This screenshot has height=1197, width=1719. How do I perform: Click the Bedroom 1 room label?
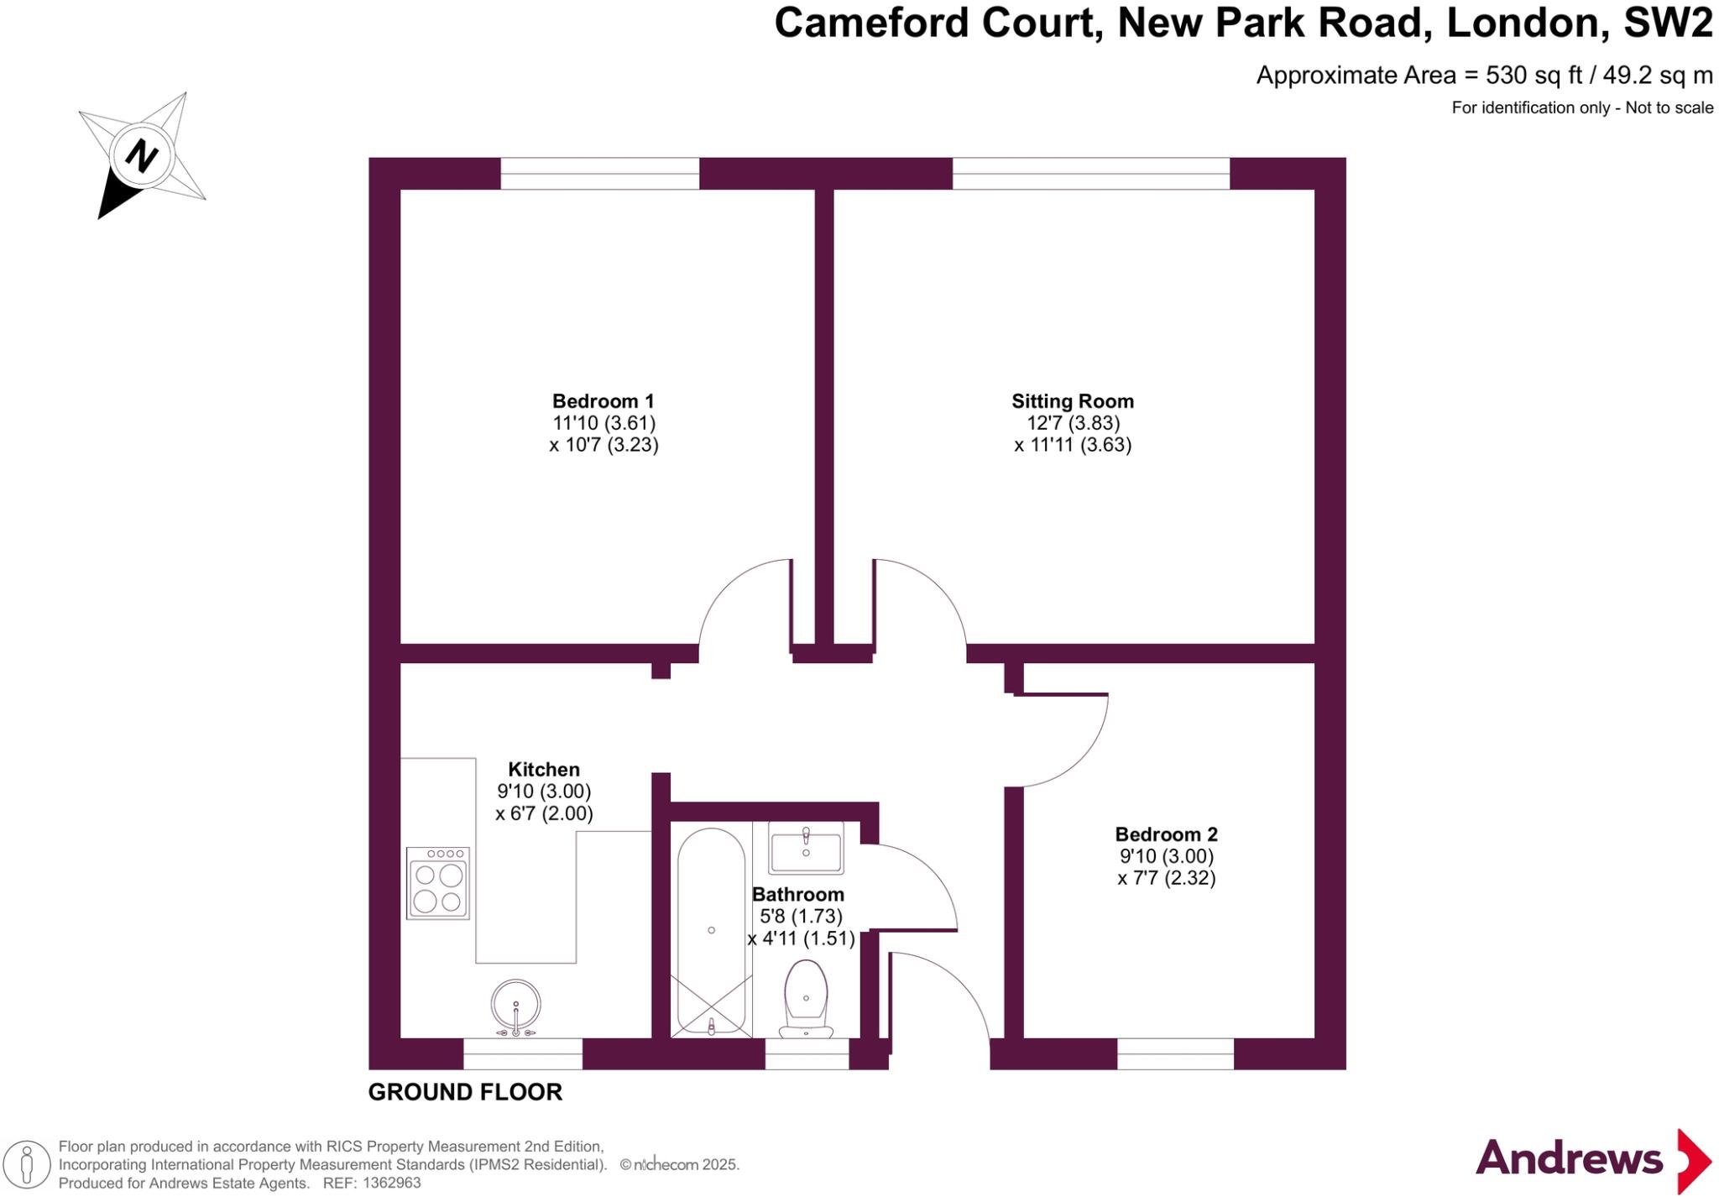pyautogui.click(x=603, y=401)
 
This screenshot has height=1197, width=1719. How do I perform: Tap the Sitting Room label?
pyautogui.click(x=1072, y=401)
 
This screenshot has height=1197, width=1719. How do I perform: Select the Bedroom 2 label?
pyautogui.click(x=1166, y=834)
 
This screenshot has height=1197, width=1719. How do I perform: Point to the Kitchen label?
pyautogui.click(x=544, y=770)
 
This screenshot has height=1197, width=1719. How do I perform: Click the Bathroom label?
pyautogui.click(x=797, y=895)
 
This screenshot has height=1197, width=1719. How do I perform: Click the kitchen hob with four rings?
pyautogui.click(x=438, y=883)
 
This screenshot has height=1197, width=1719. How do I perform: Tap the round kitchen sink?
pyautogui.click(x=515, y=1005)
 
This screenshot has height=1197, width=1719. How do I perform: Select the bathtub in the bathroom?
pyautogui.click(x=711, y=930)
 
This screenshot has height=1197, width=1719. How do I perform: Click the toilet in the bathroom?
pyautogui.click(x=806, y=997)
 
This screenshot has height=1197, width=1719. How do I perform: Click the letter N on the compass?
pyautogui.click(x=141, y=156)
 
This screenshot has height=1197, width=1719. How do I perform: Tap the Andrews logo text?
pyautogui.click(x=1569, y=1159)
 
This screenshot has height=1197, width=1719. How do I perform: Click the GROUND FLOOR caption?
pyautogui.click(x=465, y=1092)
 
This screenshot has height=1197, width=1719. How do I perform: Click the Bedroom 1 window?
pyautogui.click(x=599, y=174)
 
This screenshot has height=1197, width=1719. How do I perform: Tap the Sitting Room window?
pyautogui.click(x=1090, y=174)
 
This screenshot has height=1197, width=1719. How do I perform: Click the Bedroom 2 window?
pyautogui.click(x=1175, y=1053)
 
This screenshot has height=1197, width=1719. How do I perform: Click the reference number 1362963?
pyautogui.click(x=392, y=1184)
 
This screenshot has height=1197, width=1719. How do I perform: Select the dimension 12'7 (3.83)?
pyautogui.click(x=1074, y=423)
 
